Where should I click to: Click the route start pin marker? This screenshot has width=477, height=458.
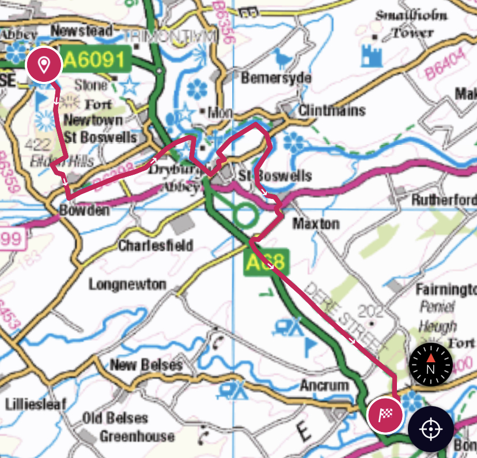coord(43,63)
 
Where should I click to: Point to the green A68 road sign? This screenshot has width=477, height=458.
coord(265,262)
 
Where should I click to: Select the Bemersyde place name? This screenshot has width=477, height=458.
coord(277,78)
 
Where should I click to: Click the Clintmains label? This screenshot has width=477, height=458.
coord(332,110)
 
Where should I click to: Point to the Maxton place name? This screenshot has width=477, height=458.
coord(316,223)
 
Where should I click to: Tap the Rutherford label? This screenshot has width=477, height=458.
coord(444,200)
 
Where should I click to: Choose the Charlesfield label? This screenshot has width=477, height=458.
coord(156,246)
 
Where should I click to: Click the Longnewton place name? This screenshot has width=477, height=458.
coord(127,284)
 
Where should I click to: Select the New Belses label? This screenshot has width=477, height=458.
coord(146,365)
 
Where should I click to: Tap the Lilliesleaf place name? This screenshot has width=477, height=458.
coord(35,404)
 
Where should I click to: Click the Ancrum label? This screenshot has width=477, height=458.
coord(324,385)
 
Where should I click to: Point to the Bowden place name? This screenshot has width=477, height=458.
coord(84,211)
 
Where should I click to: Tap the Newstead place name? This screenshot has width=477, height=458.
coord(82,31)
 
